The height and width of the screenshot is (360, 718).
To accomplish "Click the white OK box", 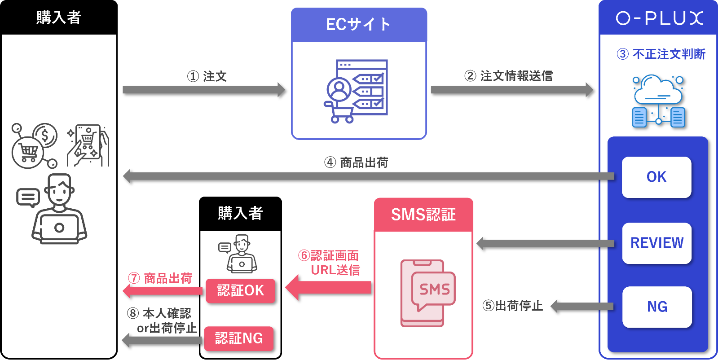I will pyautogui.click(x=656, y=177).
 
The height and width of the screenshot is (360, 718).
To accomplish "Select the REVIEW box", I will pyautogui.click(x=656, y=243).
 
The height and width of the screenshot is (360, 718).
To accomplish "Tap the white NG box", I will pyautogui.click(x=657, y=307).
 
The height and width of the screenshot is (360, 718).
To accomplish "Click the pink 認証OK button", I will pyautogui.click(x=240, y=290).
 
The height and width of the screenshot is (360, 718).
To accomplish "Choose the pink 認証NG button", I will pyautogui.click(x=239, y=338).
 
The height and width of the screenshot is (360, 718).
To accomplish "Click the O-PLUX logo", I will pyautogui.click(x=659, y=18).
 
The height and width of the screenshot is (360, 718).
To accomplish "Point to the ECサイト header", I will pyautogui.click(x=358, y=25).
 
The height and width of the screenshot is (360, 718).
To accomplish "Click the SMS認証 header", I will pyautogui.click(x=423, y=215).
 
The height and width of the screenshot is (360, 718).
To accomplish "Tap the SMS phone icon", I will pyautogui.click(x=427, y=293).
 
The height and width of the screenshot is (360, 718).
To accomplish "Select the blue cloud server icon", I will pyautogui.click(x=658, y=101).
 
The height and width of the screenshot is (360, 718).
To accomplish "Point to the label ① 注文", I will pyautogui.click(x=207, y=76).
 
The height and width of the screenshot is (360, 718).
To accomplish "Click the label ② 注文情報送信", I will pyautogui.click(x=508, y=76).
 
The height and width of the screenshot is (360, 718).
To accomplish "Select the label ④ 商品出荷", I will pyautogui.click(x=356, y=162).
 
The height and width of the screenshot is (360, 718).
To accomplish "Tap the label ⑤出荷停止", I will pyautogui.click(x=512, y=306).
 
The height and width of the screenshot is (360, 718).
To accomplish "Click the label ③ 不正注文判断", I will pyautogui.click(x=661, y=54).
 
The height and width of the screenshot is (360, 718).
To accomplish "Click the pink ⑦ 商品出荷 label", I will pyautogui.click(x=160, y=278).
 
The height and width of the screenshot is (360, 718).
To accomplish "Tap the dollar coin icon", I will pyautogui.click(x=45, y=135).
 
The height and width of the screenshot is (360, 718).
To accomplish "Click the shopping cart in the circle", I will pyautogui.click(x=28, y=152).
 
